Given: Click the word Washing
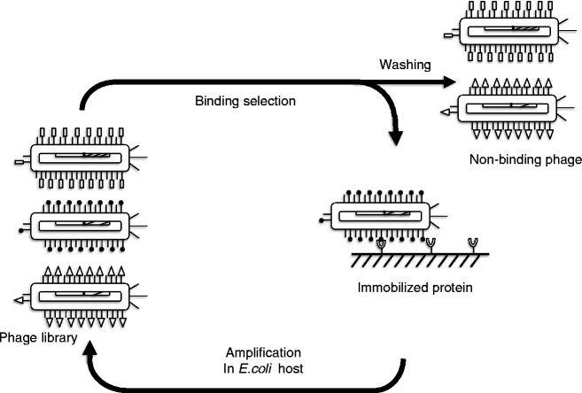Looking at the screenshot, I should coord(406,65).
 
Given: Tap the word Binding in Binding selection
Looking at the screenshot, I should coord(215,101).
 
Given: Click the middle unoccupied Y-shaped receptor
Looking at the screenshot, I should coord(430,242).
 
